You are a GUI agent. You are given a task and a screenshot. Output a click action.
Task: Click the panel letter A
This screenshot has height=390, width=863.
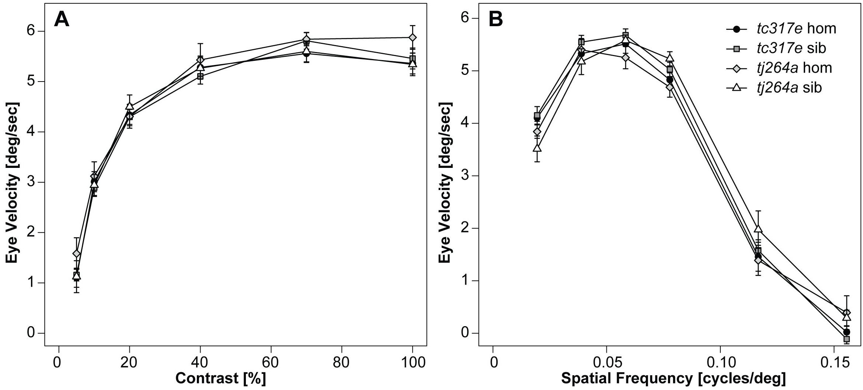[61, 20]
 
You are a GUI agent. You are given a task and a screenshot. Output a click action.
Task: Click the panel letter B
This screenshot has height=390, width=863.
[495, 20]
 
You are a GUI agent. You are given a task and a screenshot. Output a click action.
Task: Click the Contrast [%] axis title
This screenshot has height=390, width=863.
[220, 379]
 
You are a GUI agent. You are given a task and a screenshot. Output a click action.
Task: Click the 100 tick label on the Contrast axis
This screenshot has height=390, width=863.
[412, 363]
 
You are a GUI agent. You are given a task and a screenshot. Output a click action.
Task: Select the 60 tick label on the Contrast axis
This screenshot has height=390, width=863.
[271, 363]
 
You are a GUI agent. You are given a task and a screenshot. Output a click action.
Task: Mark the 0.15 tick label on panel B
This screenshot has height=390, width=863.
[834, 363]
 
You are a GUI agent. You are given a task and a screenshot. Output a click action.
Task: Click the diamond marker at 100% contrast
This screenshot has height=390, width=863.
[413, 38]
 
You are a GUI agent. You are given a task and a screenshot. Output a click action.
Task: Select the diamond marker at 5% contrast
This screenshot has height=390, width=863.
[76, 253]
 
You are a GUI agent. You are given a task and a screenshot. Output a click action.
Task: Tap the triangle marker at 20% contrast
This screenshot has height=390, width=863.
[129, 106]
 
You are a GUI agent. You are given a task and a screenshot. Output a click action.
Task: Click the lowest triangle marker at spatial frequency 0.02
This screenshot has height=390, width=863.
[537, 148]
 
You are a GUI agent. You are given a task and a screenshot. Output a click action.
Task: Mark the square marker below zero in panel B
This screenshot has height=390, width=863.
[846, 339]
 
